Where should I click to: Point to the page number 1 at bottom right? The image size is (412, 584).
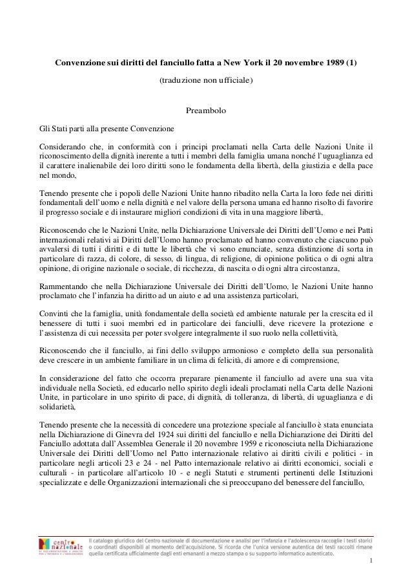(x=371, y=570)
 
